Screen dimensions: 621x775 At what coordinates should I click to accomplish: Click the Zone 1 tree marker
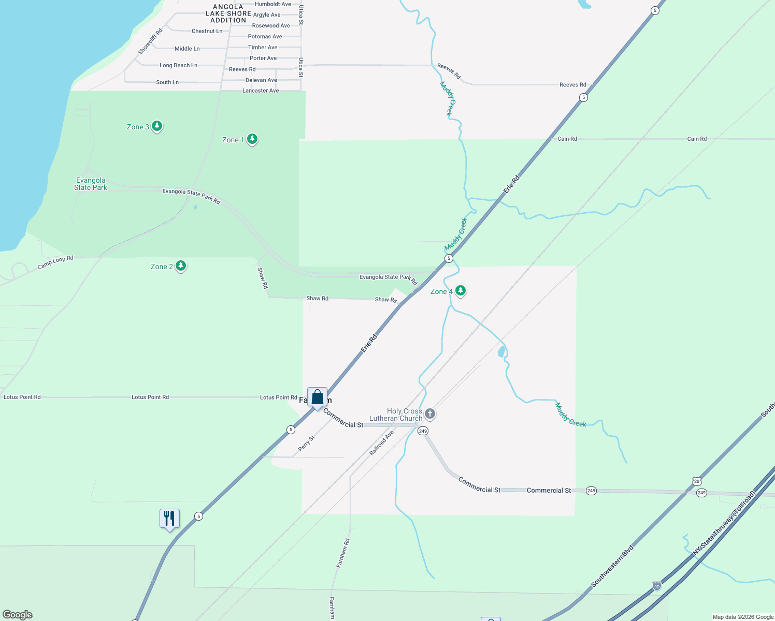point(252,139)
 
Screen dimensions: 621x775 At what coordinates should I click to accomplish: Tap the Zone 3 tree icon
point(156,126)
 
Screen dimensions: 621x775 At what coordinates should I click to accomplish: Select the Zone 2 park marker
point(180,266)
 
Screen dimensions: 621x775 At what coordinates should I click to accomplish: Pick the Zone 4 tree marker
point(460,291)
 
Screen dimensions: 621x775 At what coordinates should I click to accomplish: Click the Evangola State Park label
point(91,184)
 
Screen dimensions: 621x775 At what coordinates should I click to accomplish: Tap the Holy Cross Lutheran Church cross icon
point(429,414)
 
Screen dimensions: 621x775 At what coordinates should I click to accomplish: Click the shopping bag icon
point(317,397)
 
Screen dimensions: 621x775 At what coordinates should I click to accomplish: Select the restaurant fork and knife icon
point(169,518)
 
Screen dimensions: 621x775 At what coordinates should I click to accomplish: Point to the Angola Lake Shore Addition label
point(228,13)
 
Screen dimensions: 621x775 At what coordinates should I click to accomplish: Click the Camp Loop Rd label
point(55,262)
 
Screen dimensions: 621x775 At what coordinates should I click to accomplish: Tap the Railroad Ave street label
point(382,442)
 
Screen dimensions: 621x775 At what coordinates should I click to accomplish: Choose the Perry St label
point(307,443)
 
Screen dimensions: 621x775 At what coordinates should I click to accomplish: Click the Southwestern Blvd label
point(613,566)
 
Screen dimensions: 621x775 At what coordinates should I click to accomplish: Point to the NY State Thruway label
point(725,523)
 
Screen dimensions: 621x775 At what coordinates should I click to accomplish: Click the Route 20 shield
point(697,481)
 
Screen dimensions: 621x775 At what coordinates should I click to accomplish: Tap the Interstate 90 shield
point(656,586)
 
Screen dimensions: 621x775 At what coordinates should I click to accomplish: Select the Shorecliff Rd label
point(150,41)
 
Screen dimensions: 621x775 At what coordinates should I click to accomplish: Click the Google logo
point(18,615)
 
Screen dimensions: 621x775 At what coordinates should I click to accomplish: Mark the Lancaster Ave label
point(261,91)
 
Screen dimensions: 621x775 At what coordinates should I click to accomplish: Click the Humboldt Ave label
point(272,4)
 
